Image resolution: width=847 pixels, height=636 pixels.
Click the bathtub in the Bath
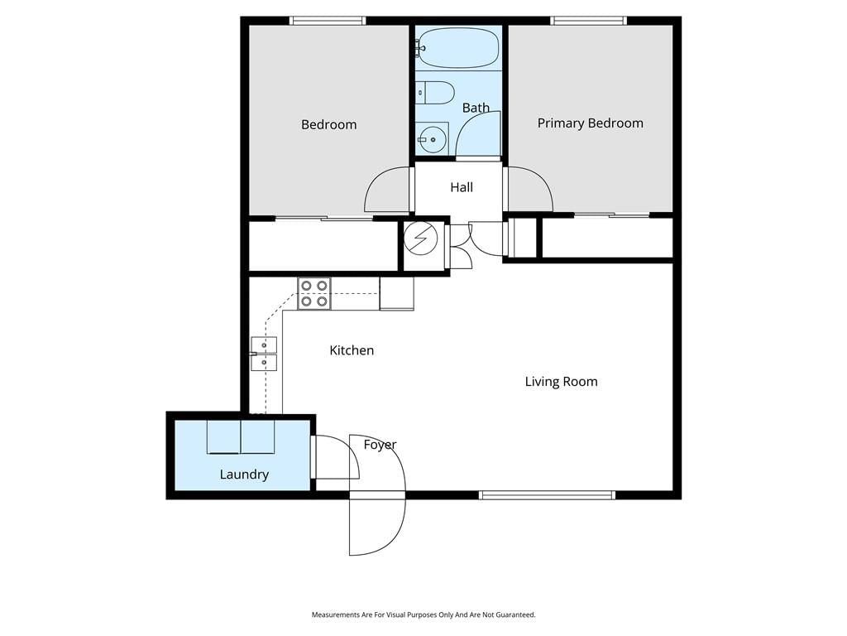point(458,47)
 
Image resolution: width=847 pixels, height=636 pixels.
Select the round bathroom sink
point(433,139)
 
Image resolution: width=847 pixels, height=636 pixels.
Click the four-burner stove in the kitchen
point(314,294)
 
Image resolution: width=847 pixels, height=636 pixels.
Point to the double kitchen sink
point(264,354)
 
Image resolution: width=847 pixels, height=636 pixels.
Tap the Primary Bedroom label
point(591,123)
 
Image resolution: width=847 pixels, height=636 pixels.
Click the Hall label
point(462,187)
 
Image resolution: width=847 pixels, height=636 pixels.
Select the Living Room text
point(562,382)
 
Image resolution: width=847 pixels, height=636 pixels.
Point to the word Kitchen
point(352,350)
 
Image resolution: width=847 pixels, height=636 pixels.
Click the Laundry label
point(244,475)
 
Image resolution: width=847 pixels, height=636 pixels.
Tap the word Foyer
point(380,445)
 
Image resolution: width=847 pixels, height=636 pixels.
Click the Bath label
point(476,108)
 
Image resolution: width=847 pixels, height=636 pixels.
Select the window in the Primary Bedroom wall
point(589,21)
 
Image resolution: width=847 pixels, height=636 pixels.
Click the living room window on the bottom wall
point(548,495)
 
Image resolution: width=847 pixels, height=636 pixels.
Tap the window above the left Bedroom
point(328,21)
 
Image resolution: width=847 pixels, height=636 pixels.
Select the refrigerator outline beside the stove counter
point(397,294)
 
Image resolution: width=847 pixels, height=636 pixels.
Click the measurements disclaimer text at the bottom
point(423,615)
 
